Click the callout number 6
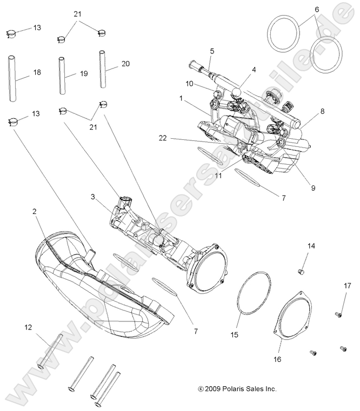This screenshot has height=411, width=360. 317,9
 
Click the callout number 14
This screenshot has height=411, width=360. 311,246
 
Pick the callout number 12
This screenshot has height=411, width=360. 28,327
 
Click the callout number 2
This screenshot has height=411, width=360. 35,212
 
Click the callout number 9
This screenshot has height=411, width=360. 313,188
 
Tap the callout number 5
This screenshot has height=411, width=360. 212,51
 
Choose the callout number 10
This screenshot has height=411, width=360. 189,84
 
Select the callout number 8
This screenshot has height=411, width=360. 322,112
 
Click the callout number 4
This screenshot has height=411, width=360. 253,70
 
